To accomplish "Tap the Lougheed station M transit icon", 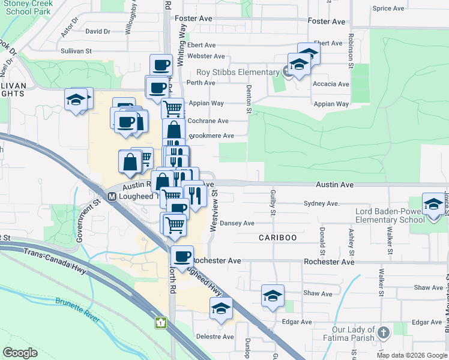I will point(111,196).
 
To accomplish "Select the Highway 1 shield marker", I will point(160,323).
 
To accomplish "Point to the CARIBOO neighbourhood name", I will point(278,238).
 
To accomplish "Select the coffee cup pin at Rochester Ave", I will point(182,256).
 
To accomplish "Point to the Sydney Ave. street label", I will point(322,204).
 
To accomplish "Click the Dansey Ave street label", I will point(237,223).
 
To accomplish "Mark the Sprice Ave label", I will point(388,8).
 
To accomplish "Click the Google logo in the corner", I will point(20,352).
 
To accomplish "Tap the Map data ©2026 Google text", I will point(412,355).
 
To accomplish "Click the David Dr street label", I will point(98,31).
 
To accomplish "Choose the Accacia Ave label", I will point(331,84).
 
